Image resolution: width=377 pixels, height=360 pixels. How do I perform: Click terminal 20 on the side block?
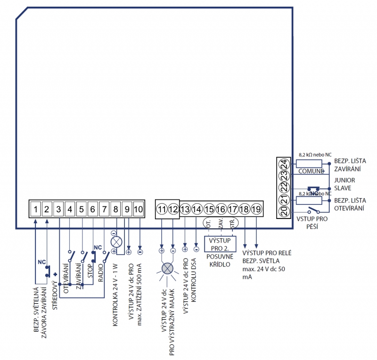[x=283, y=211]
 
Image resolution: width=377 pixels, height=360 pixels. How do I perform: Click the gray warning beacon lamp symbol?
[x=168, y=269]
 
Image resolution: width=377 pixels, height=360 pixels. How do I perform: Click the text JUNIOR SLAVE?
[x=345, y=184]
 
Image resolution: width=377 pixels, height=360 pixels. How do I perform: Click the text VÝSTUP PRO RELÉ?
[x=267, y=253]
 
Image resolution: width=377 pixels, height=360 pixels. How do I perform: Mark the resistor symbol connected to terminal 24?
[x=309, y=163]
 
